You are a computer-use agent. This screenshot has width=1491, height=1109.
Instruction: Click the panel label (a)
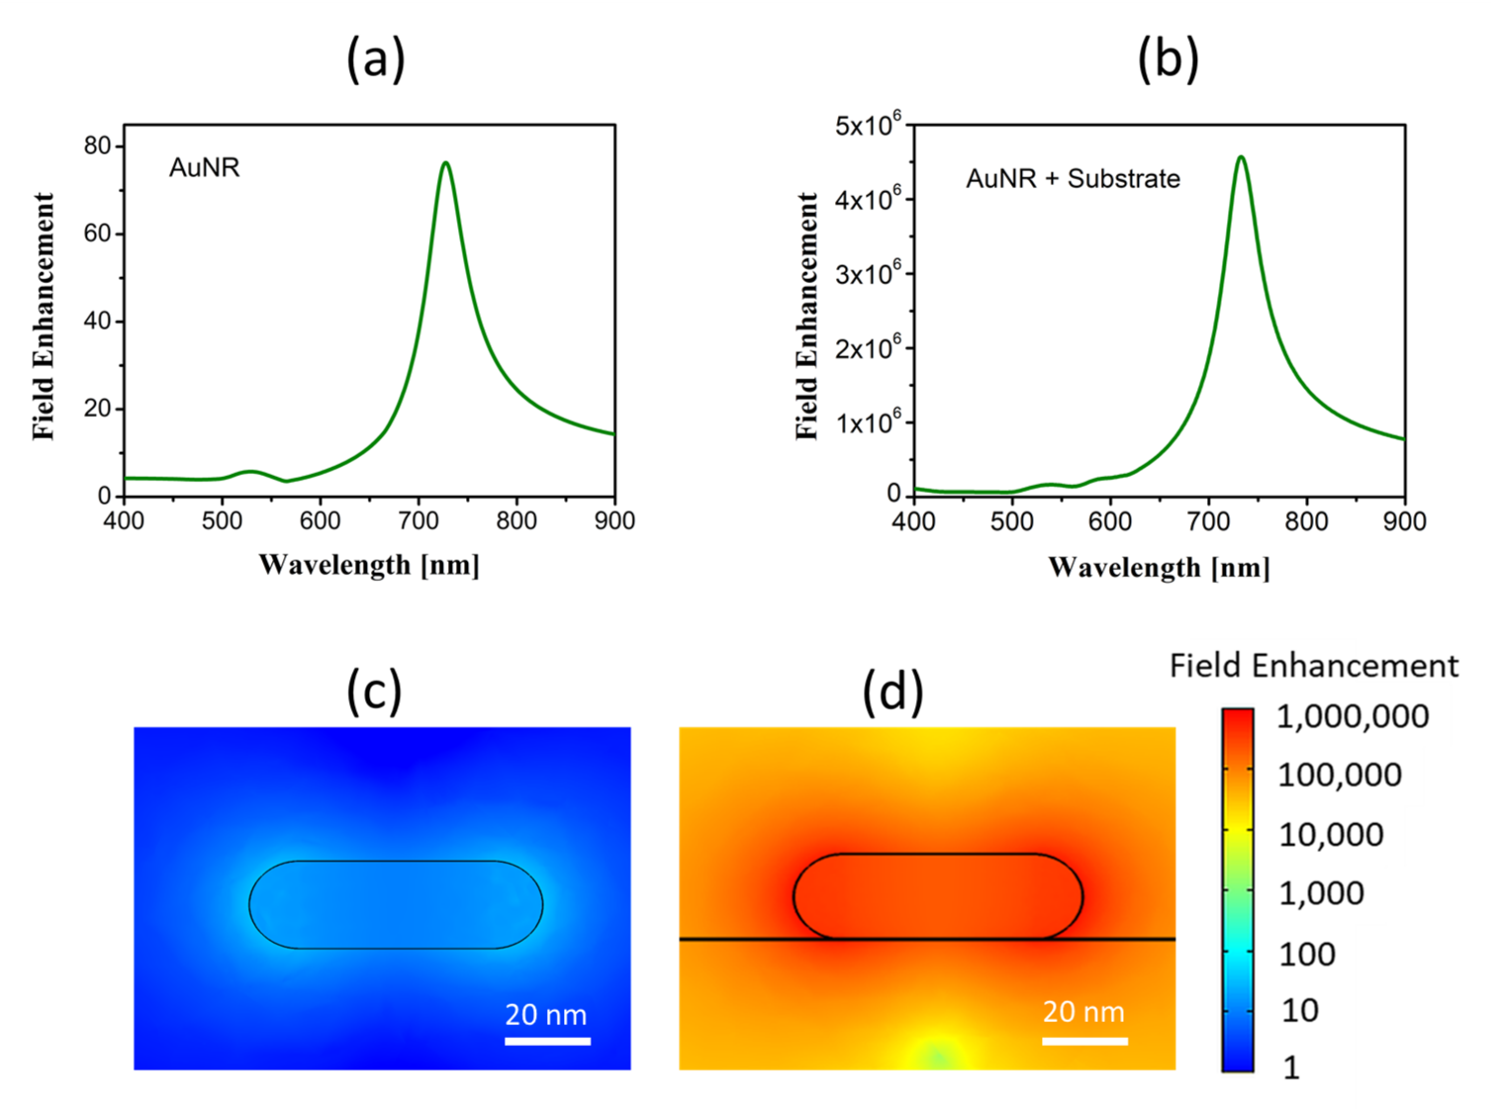(x=375, y=59)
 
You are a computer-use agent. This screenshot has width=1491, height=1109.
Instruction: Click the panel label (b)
(x=1168, y=59)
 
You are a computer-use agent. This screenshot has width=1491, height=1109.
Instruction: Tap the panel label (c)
(x=374, y=691)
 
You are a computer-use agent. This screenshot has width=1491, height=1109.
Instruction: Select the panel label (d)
(x=892, y=691)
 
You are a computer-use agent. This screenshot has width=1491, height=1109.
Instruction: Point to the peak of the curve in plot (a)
(x=446, y=163)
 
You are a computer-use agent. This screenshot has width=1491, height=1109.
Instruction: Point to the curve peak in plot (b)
(x=1241, y=158)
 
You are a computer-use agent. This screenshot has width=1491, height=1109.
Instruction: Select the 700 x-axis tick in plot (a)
(x=418, y=521)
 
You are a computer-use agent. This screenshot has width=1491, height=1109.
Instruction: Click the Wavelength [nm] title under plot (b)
(x=1159, y=568)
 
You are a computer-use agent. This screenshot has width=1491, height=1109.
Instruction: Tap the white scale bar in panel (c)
(x=547, y=1041)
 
